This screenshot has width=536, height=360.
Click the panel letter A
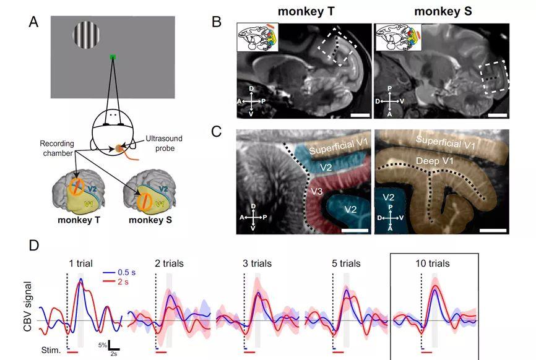[x=33, y=22]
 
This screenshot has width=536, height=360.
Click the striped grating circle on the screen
[x=86, y=35]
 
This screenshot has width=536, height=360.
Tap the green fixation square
[x=113, y=57]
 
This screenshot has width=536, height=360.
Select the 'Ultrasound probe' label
[x=164, y=144]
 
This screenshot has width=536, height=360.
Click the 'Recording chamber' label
[x=57, y=148]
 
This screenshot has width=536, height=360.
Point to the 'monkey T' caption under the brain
[x=79, y=220]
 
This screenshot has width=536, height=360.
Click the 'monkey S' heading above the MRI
[x=443, y=11]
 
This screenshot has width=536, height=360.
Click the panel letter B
[x=217, y=22]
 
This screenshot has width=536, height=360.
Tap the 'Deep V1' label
[x=434, y=161]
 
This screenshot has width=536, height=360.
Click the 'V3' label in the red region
[x=317, y=191]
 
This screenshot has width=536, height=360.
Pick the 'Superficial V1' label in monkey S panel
[x=446, y=142]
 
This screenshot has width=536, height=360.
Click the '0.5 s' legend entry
[x=119, y=273]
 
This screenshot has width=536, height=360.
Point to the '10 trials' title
[x=433, y=264]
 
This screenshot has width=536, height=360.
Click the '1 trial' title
[x=80, y=264]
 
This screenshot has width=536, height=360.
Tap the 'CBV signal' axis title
[x=27, y=306]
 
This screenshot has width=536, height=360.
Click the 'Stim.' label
[x=51, y=350]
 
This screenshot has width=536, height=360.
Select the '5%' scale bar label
[x=103, y=345]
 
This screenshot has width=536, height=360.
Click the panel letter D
[x=34, y=246]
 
